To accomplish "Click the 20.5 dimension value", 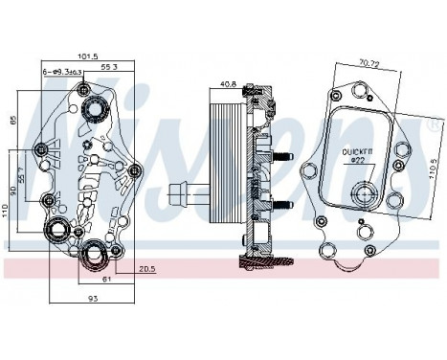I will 146,270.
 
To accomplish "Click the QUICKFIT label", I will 360,151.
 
